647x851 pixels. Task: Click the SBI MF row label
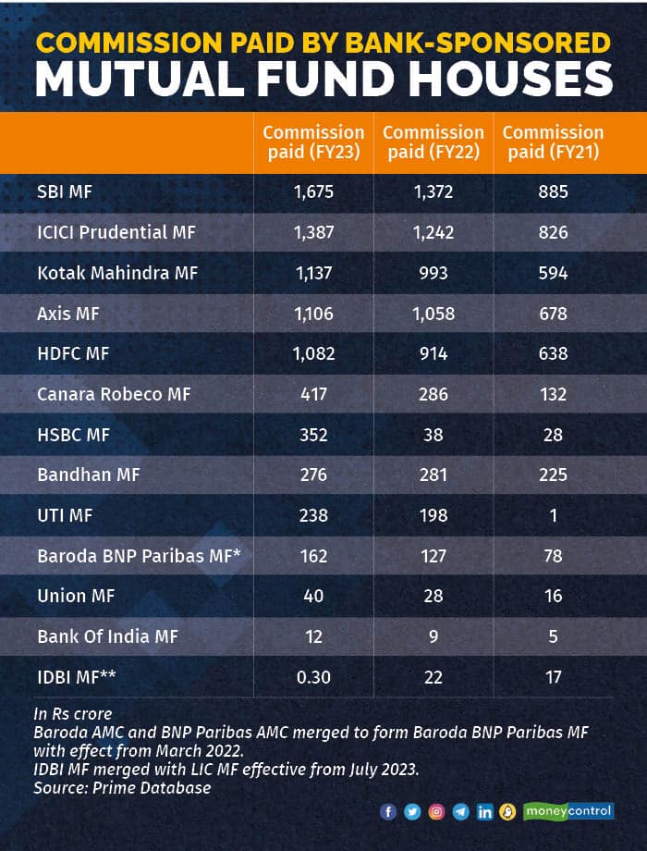66,192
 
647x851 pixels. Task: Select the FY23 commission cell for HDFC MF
313,353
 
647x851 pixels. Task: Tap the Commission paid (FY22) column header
433,142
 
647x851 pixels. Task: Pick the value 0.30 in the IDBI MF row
313,677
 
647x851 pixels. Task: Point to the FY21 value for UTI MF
553,515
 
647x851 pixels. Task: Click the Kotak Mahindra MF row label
117,273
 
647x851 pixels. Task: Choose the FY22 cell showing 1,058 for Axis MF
433,314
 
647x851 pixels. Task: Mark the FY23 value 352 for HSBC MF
313,435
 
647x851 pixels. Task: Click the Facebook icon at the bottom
388,812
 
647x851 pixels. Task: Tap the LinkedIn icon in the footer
484,812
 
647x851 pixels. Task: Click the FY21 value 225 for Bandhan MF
553,475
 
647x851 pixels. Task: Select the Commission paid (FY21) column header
553,142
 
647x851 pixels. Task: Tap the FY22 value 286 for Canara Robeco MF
433,394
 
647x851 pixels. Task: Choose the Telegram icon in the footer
460,812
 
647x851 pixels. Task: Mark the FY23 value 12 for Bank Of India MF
313,636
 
